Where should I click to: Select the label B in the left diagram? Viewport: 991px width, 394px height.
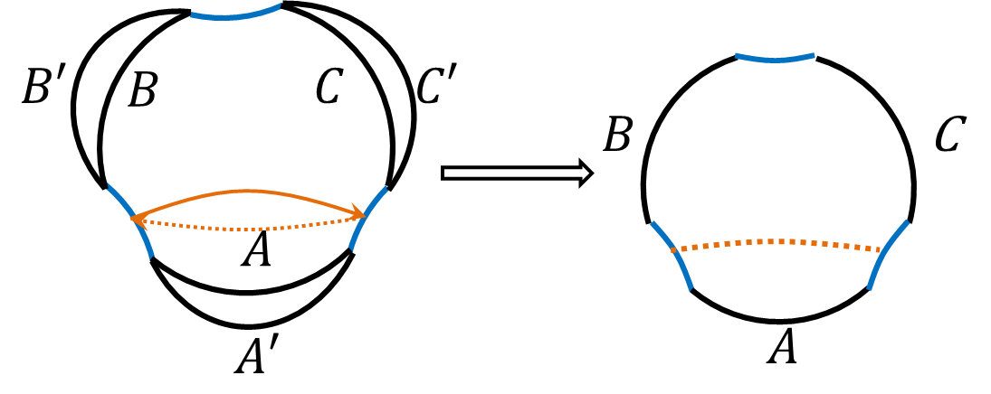(142, 89)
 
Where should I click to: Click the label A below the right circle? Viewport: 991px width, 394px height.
(782, 346)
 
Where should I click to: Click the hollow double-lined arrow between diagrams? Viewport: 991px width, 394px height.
(516, 172)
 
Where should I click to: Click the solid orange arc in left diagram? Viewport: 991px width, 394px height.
(249, 191)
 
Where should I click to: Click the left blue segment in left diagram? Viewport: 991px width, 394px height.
(131, 221)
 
